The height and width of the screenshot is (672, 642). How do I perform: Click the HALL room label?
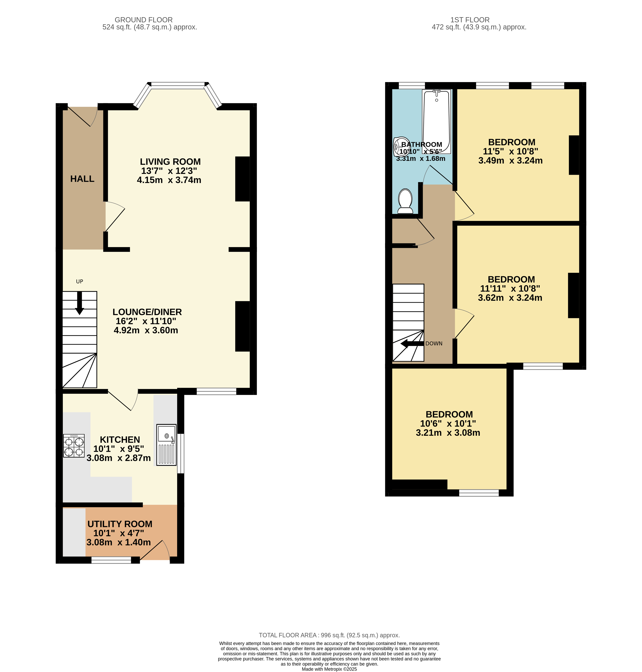point(82,179)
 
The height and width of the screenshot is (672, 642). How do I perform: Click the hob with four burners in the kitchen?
point(74,446)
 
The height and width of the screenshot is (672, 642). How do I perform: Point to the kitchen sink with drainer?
point(166,445)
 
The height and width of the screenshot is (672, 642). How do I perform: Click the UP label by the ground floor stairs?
point(79,282)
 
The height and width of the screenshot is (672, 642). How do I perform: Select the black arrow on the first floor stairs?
point(412,344)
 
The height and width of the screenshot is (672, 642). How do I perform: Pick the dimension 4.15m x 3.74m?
point(169,180)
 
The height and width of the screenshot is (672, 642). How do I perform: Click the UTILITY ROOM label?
point(120,524)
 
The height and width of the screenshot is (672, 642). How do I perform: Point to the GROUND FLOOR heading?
point(143,20)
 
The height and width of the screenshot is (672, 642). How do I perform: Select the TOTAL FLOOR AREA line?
point(329,635)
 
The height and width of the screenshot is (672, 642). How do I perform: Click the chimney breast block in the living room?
point(242,179)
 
